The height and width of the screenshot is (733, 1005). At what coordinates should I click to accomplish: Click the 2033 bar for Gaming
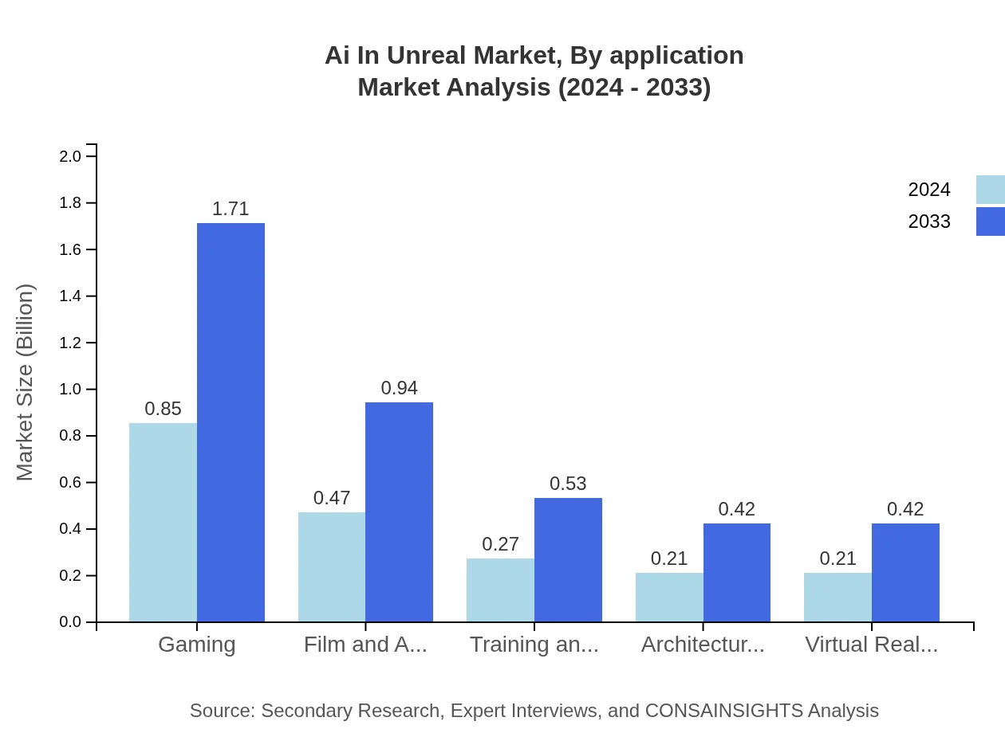point(231,422)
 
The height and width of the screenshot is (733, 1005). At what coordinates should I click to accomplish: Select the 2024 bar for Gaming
point(163,522)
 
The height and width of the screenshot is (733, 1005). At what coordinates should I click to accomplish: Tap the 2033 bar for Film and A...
point(399,512)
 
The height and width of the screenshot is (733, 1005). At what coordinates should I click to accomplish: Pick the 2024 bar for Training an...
point(500,590)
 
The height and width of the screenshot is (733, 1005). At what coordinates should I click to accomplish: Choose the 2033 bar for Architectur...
point(737,572)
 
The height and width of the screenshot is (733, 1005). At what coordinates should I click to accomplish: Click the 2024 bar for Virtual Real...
point(837,597)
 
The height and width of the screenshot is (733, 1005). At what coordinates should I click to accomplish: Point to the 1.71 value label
point(231,209)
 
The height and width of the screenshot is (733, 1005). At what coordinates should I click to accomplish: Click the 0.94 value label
point(399,388)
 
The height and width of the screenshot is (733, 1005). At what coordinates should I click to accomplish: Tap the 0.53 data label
point(568,484)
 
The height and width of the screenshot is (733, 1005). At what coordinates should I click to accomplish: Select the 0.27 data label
point(500,544)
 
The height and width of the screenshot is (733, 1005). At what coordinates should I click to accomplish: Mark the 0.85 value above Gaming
point(163,409)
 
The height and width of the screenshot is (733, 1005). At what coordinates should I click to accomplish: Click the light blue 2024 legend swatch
point(991,190)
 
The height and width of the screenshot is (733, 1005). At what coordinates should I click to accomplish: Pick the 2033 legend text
point(929,221)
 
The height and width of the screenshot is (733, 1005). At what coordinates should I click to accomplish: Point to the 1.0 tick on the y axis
point(70,390)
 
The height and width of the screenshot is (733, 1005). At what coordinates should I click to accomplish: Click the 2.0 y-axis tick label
point(70,156)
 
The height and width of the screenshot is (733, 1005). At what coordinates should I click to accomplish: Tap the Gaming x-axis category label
point(197,644)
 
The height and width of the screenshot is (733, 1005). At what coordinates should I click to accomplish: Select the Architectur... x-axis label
point(703,644)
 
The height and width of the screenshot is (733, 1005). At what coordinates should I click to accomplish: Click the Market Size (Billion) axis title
point(26,382)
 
